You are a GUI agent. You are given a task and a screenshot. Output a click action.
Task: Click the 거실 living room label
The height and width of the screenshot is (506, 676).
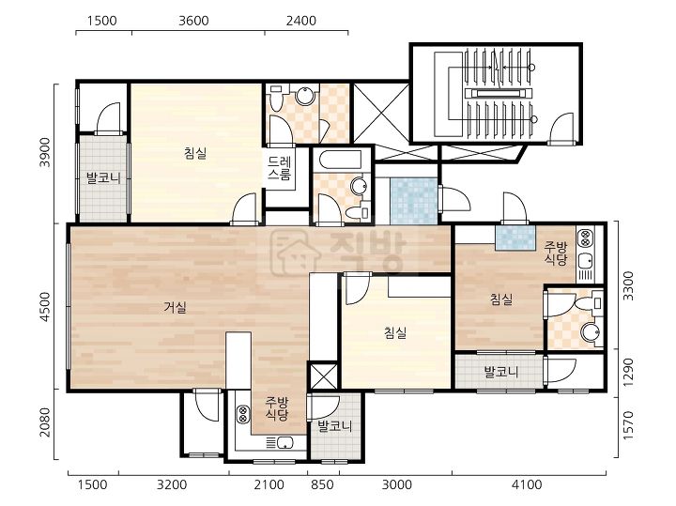pyautogui.click(x=176, y=308)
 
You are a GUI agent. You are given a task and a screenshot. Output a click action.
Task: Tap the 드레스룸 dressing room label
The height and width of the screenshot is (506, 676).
pyautogui.click(x=280, y=168)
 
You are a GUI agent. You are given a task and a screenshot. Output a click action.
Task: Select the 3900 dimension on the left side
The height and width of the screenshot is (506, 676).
pyautogui.click(x=46, y=153)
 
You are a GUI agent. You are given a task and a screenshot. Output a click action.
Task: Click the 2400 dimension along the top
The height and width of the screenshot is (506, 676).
pyautogui.click(x=301, y=21)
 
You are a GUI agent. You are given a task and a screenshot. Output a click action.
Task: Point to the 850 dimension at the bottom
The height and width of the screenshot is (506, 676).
pyautogui.click(x=322, y=485)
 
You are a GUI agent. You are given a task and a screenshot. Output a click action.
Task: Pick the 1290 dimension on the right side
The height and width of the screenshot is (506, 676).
pyautogui.click(x=628, y=373)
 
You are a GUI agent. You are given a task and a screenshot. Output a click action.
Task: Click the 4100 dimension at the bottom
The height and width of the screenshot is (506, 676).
pyautogui.click(x=527, y=485)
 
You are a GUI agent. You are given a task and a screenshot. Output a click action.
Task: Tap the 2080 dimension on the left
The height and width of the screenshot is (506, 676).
pyautogui.click(x=46, y=422)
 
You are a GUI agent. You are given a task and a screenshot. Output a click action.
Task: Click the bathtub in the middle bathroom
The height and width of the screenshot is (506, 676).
pyautogui.click(x=343, y=161)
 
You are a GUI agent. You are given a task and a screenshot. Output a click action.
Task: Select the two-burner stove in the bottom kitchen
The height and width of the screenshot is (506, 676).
pyautogui.click(x=242, y=415)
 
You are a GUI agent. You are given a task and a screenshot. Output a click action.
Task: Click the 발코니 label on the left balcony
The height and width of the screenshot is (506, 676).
pyautogui.click(x=103, y=177)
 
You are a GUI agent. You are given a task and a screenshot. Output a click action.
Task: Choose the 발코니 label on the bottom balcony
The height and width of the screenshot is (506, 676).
pyautogui.click(x=335, y=426)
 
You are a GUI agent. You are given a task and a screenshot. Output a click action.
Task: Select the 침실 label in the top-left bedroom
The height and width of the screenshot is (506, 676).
pyautogui.click(x=195, y=153)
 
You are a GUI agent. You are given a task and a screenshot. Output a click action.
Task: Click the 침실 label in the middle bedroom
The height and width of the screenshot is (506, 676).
pyautogui.click(x=395, y=332)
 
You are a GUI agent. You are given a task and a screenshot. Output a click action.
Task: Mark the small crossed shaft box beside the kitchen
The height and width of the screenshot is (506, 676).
pyautogui.click(x=323, y=376)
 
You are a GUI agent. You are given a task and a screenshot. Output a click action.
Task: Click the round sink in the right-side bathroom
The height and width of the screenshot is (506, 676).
pyautogui.click(x=590, y=332)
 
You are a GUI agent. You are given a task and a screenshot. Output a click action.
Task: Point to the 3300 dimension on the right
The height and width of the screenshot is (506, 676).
pyautogui.click(x=628, y=285)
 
